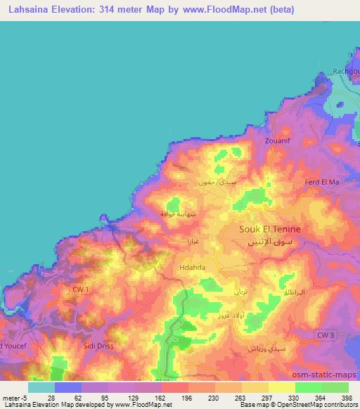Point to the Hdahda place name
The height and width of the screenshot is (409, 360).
coord(193,267)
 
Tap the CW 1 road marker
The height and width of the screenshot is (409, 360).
coord(81,289)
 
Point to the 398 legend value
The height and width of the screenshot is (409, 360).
coord(347,397)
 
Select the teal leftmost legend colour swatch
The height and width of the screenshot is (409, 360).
coord(41,387)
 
